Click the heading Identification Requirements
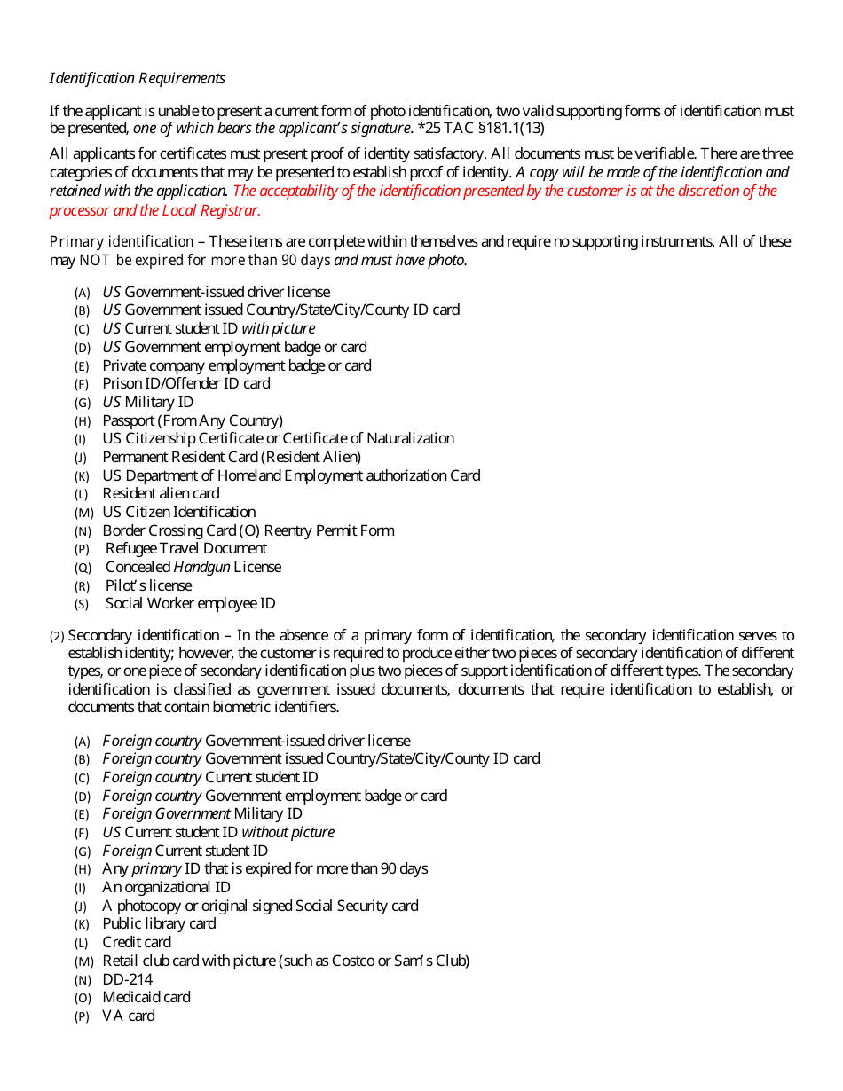137,78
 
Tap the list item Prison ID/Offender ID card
186,383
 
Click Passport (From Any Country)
193,420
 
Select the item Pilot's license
148,585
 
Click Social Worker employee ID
190,603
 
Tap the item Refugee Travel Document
185,548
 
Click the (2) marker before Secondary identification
57,636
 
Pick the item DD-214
127,979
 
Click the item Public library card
159,923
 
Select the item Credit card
137,942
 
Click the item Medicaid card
146,997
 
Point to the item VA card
129,1016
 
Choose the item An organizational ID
166,887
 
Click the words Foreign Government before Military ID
166,813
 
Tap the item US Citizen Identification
178,512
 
